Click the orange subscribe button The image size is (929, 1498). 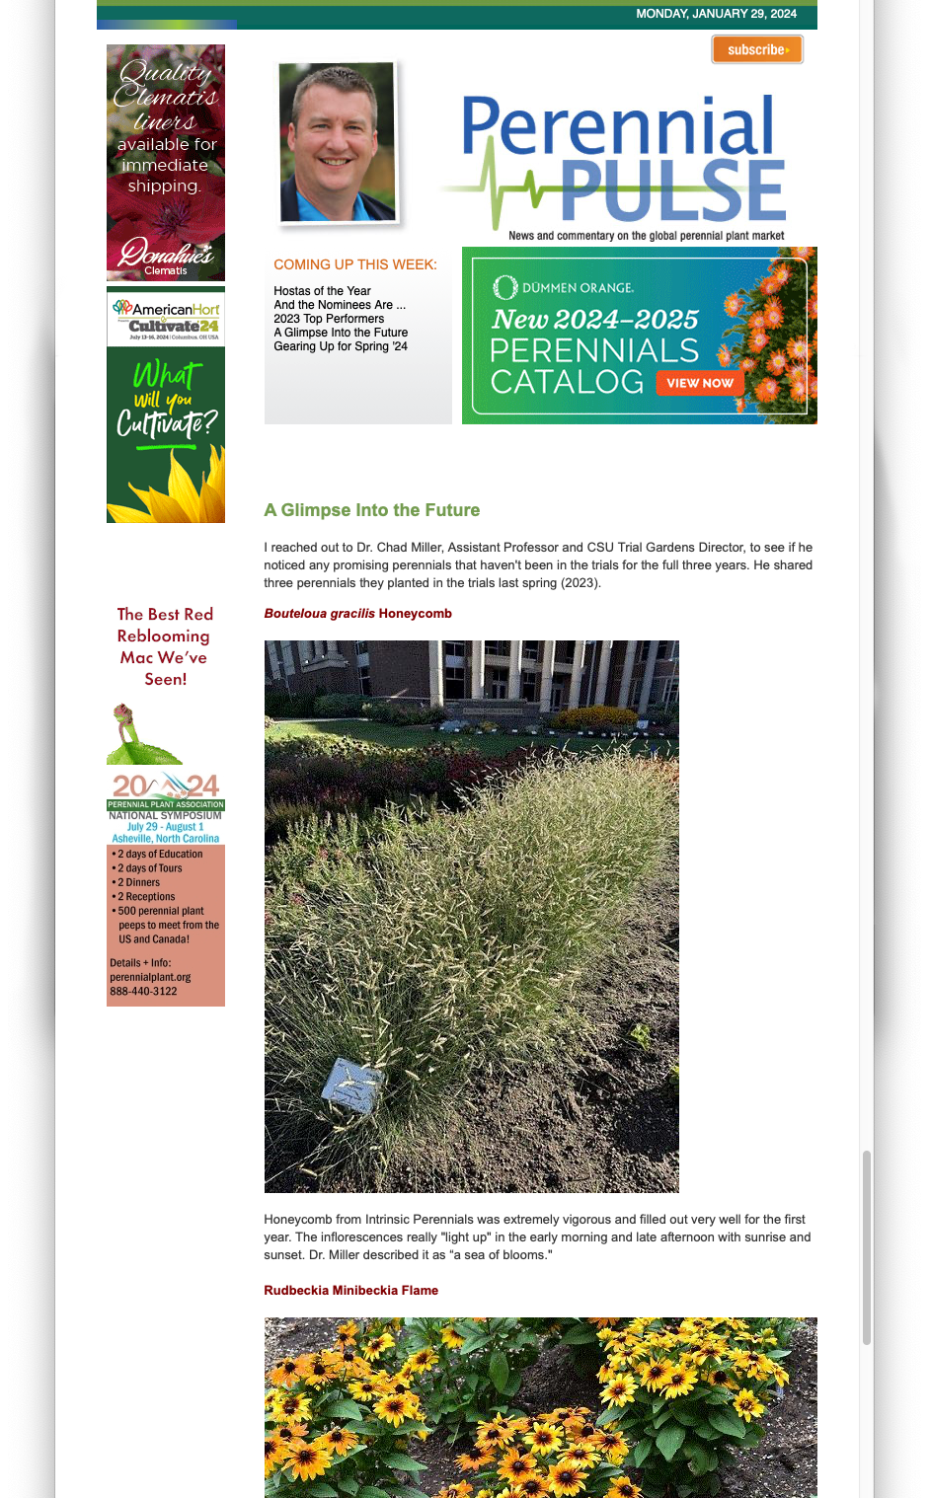tap(757, 49)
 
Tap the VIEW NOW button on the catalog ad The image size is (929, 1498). tap(700, 383)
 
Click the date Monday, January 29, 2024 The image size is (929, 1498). tap(716, 14)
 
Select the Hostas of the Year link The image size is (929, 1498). tap(322, 291)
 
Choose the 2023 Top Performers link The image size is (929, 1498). tap(329, 319)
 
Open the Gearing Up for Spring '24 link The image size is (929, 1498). tap(341, 346)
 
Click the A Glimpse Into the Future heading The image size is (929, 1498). tap(372, 510)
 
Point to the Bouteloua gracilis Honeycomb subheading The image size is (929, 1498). tap(357, 613)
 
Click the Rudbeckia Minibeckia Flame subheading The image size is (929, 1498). tap(350, 1290)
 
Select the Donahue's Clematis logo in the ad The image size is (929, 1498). tap(166, 256)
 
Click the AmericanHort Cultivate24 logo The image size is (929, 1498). tap(166, 317)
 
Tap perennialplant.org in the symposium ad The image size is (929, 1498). tap(150, 977)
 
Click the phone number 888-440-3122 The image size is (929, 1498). tap(143, 991)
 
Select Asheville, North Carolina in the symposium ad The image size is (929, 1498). tap(166, 839)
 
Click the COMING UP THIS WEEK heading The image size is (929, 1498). tap(355, 264)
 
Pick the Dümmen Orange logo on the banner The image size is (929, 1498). tap(564, 287)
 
